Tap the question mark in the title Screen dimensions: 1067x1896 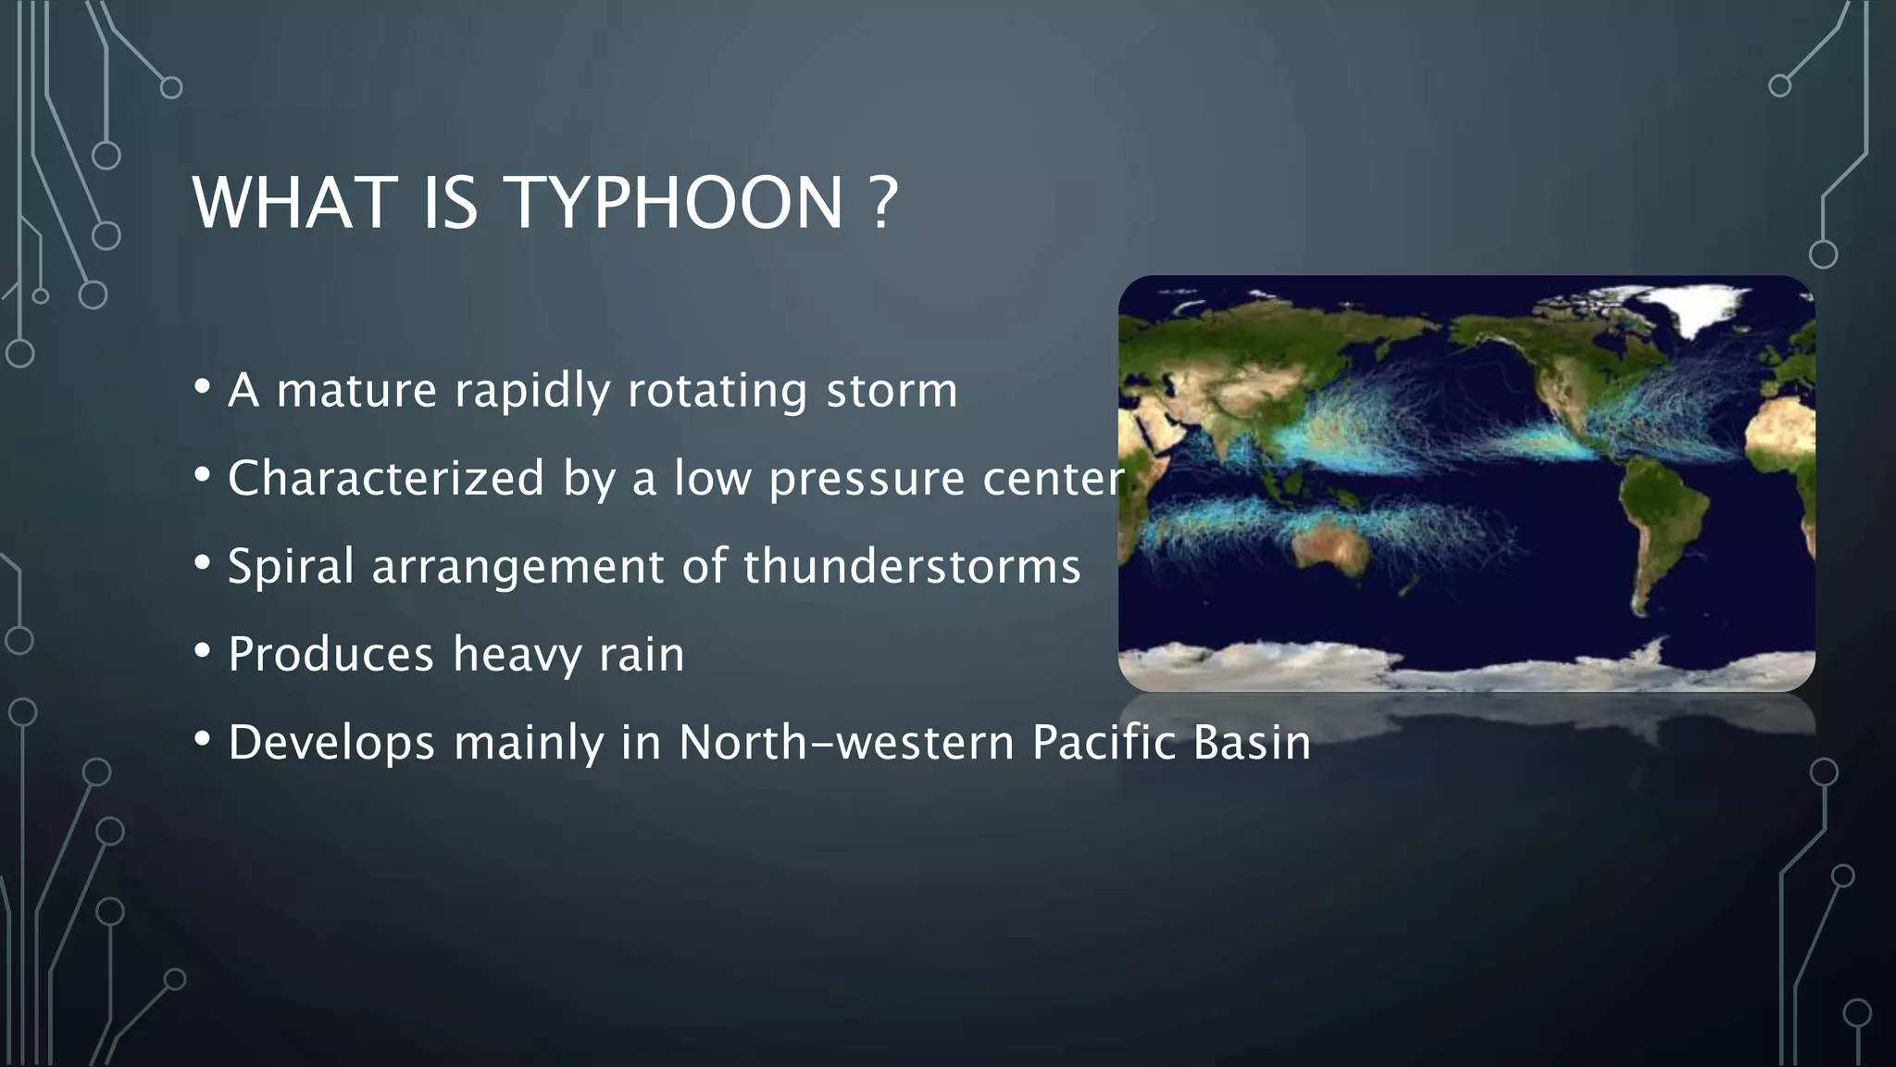coord(884,203)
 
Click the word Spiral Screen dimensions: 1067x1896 coord(291,566)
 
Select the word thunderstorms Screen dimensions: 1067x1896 coord(912,566)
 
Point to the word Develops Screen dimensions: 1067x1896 coord(331,743)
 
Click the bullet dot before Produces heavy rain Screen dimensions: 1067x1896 coord(203,652)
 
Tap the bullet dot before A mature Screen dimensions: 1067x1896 coord(203,387)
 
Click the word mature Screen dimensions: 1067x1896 coord(356,390)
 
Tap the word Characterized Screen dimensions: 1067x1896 coord(386,479)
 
